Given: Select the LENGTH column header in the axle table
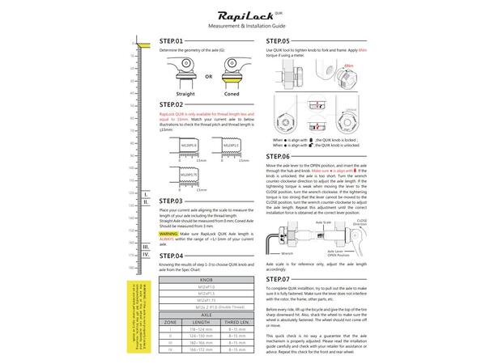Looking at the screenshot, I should pos(201,321).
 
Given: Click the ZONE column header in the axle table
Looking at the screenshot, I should pos(170,321).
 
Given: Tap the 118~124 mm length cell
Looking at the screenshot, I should pos(201,329).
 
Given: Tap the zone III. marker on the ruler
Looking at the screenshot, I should pos(145,246).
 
